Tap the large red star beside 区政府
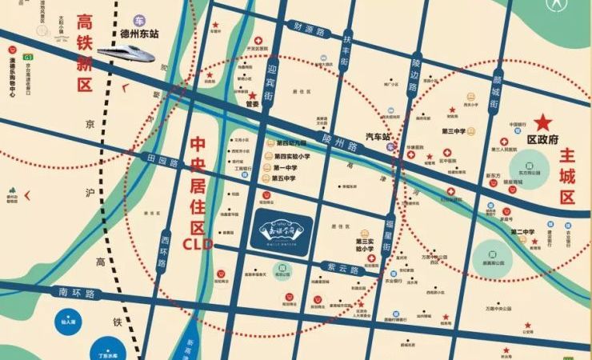click(x=544, y=123)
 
